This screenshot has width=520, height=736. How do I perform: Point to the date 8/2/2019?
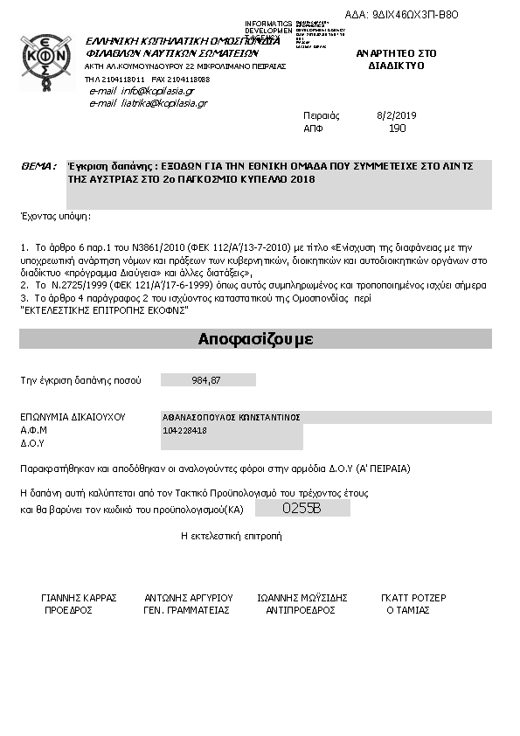click(397, 115)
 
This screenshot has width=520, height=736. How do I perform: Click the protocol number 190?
click(397, 128)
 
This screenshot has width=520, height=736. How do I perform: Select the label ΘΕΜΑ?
click(38, 165)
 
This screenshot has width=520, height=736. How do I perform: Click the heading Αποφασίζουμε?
click(256, 339)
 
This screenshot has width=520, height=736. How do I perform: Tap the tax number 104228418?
click(185, 430)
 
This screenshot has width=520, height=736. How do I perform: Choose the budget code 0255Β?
click(302, 508)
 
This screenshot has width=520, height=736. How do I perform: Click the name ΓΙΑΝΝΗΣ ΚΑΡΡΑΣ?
click(79, 599)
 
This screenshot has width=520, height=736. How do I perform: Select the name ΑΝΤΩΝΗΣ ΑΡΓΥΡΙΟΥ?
click(188, 599)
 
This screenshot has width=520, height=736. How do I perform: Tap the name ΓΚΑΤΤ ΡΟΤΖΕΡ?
click(413, 599)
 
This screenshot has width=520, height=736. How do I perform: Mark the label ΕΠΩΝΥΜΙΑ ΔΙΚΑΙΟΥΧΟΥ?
click(73, 417)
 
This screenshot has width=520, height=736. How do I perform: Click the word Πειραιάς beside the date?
click(322, 115)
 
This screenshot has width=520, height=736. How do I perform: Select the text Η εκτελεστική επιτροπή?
click(231, 535)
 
